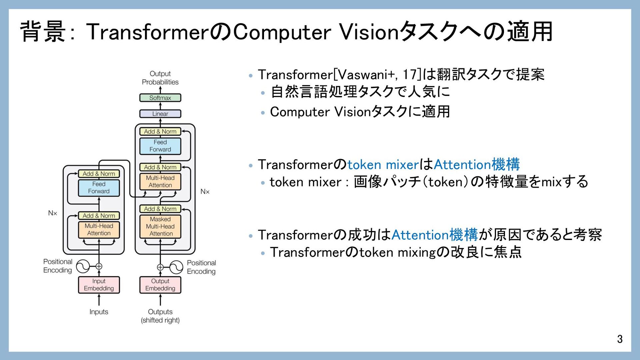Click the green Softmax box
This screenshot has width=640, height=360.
[160, 98]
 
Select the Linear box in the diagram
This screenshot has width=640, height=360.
[160, 114]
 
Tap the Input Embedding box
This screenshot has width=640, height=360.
[99, 285]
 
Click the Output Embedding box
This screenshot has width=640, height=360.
[160, 285]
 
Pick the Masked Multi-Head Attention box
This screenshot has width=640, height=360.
[160, 226]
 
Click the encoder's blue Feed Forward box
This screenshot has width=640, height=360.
[99, 188]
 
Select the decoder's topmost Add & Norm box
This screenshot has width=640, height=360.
[160, 131]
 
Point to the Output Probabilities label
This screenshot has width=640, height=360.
[160, 78]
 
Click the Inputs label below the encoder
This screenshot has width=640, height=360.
[99, 312]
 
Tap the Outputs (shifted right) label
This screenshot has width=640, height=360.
[160, 316]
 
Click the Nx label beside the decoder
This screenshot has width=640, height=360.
[205, 191]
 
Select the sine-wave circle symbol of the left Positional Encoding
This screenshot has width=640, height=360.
[83, 266]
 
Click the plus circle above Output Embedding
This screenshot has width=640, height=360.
[160, 267]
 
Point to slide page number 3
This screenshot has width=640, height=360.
[619, 339]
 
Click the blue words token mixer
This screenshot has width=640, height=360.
[383, 165]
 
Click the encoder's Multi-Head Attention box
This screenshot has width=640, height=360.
[99, 230]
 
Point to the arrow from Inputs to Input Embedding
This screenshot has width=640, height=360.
[99, 300]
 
